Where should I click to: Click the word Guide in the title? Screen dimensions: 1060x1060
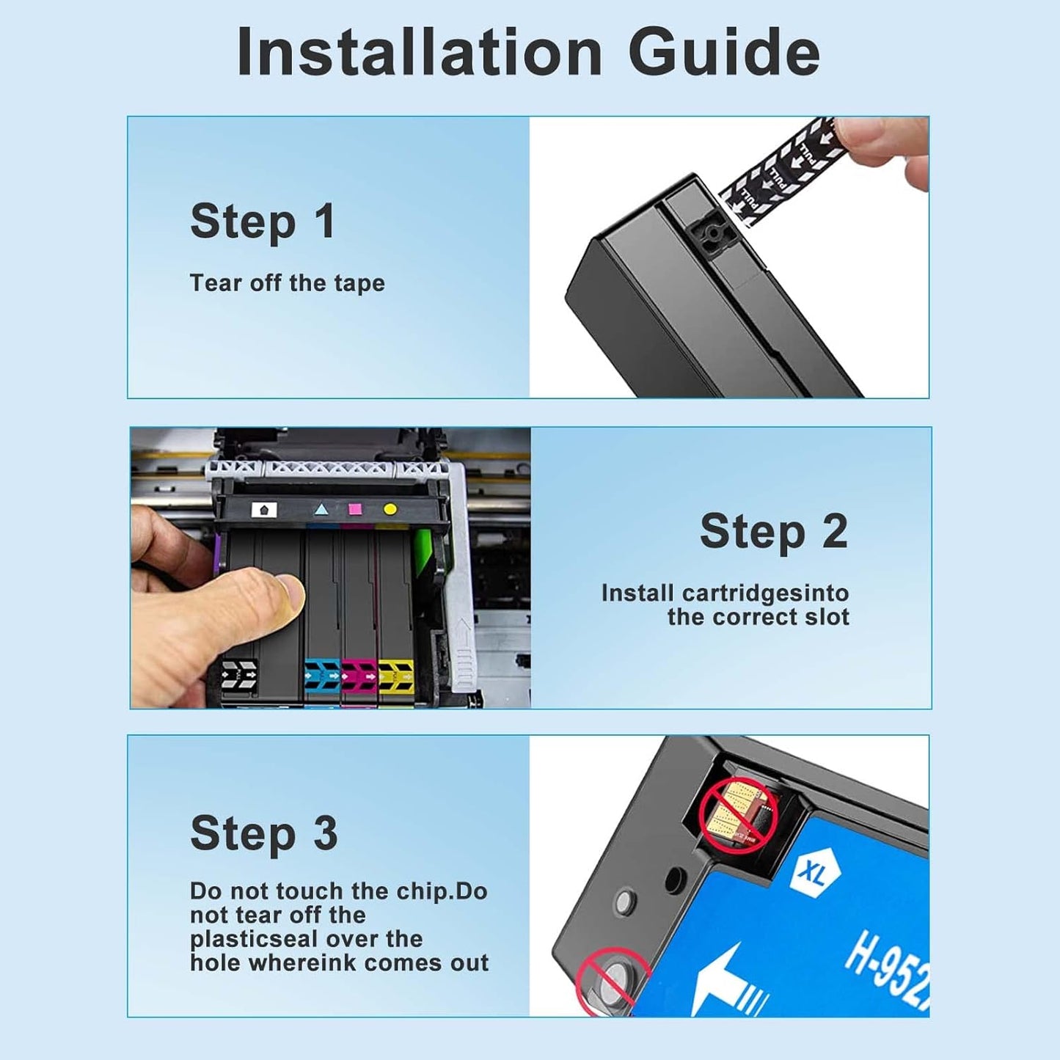(x=723, y=53)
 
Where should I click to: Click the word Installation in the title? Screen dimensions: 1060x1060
(x=420, y=53)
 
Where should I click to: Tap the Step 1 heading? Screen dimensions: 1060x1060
(x=263, y=222)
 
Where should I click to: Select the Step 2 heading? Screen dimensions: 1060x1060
(x=773, y=531)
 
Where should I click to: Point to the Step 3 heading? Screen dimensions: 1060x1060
(x=263, y=833)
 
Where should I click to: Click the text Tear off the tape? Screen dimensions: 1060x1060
(x=287, y=283)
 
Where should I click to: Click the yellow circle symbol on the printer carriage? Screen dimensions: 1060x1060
(x=390, y=509)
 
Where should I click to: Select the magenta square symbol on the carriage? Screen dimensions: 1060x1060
(x=355, y=509)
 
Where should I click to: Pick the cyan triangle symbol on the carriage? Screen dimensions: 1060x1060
(x=321, y=509)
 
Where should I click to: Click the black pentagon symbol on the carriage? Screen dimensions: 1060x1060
(x=264, y=509)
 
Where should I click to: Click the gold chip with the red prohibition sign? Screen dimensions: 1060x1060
(x=736, y=814)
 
